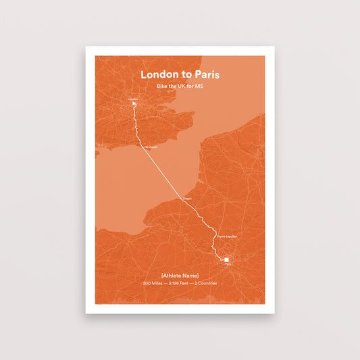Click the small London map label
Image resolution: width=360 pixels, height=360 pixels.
click(132, 99)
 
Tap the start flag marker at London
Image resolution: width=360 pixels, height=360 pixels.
click(134, 104)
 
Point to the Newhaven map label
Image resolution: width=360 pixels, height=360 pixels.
click(150, 147)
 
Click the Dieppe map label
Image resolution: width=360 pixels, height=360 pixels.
click(187, 198)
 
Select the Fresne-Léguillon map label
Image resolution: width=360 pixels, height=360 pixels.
click(227, 236)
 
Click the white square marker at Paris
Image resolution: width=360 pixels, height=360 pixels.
click(228, 259)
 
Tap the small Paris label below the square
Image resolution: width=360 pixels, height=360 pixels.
click(228, 265)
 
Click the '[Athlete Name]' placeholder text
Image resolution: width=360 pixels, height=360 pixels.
click(180, 274)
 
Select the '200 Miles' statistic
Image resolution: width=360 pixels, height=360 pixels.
click(152, 283)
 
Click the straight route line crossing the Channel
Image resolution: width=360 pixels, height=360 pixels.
click(165, 172)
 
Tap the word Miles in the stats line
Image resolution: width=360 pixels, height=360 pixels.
click(156, 283)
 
